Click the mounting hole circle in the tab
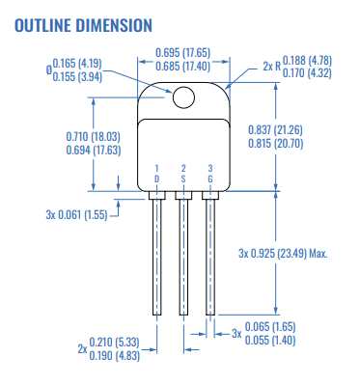pyautogui.click(x=182, y=96)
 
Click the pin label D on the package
pyautogui.click(x=157, y=179)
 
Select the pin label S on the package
pyautogui.click(x=183, y=179)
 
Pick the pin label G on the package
pyautogui.click(x=209, y=179)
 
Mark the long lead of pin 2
pyautogui.click(x=183, y=256)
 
